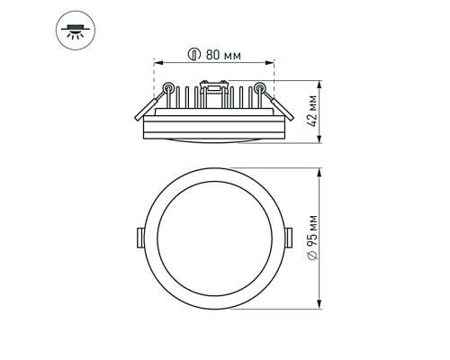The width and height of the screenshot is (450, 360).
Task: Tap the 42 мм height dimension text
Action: [x=311, y=112]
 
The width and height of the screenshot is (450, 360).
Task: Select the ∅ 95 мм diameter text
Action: [x=311, y=238]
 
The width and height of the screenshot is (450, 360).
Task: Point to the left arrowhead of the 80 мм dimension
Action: [x=157, y=63]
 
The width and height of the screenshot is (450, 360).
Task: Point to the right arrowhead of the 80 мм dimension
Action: [x=273, y=63]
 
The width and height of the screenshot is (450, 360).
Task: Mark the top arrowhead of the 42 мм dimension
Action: [x=320, y=85]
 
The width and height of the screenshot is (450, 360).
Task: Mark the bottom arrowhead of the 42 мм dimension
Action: [x=320, y=140]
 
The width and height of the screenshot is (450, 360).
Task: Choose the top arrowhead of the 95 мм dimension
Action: [x=320, y=168]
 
